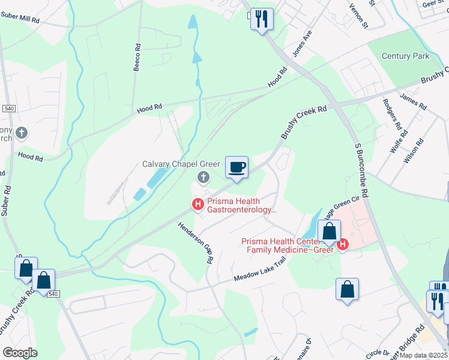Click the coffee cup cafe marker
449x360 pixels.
click(237, 167)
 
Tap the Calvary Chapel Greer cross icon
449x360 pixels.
click(203, 177)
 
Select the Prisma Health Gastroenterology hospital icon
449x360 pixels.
click(197, 205)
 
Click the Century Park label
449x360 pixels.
click(406, 56)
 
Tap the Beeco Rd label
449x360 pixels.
click(137, 58)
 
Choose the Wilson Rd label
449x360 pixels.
click(414, 151)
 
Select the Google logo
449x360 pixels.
click(20, 353)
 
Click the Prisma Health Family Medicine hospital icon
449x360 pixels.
click(343, 244)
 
